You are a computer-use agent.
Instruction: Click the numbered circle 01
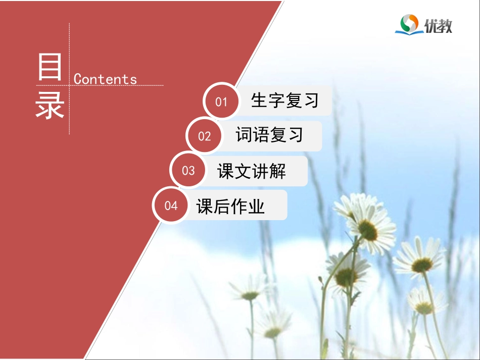tap(221, 102)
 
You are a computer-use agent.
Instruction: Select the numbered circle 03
tap(188, 171)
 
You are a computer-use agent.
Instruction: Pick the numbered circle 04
tap(171, 205)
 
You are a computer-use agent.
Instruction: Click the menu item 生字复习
tap(284, 100)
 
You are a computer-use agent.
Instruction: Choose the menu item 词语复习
tap(269, 135)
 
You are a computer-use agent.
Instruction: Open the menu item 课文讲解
tap(251, 171)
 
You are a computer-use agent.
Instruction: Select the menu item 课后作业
tap(230, 206)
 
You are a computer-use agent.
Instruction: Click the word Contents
tap(105, 79)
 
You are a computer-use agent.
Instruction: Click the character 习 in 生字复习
tap(311, 100)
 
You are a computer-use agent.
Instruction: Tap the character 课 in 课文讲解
tap(225, 171)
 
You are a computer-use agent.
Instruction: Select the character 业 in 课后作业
tap(257, 206)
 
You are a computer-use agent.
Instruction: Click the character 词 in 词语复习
tap(244, 135)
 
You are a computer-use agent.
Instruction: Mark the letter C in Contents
tap(78, 79)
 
